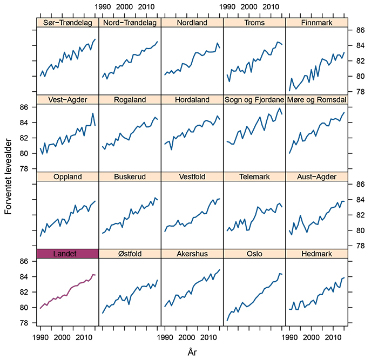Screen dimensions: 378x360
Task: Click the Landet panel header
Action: click(65, 254)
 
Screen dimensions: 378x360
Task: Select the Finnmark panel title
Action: click(316, 23)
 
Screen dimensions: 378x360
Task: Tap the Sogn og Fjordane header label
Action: click(254, 100)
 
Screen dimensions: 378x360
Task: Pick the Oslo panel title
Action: click(254, 254)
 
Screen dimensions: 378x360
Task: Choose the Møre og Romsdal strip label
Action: click(316, 100)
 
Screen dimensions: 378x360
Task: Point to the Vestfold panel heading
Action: click(192, 176)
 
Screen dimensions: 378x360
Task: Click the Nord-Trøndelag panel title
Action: click(130, 23)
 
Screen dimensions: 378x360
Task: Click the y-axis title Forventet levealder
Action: click(8, 176)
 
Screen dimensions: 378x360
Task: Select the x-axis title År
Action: click(192, 352)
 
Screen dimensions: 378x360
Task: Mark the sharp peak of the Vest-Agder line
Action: click(93, 113)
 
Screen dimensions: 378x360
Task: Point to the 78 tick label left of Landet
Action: click(24, 323)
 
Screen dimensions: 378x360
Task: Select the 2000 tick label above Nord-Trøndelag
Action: click(124, 7)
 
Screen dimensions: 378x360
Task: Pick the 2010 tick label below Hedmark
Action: click(333, 337)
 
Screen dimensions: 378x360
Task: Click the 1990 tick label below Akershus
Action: click(165, 337)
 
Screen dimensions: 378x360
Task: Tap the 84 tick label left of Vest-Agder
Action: click(24, 123)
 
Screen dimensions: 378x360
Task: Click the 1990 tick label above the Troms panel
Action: click(227, 7)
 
